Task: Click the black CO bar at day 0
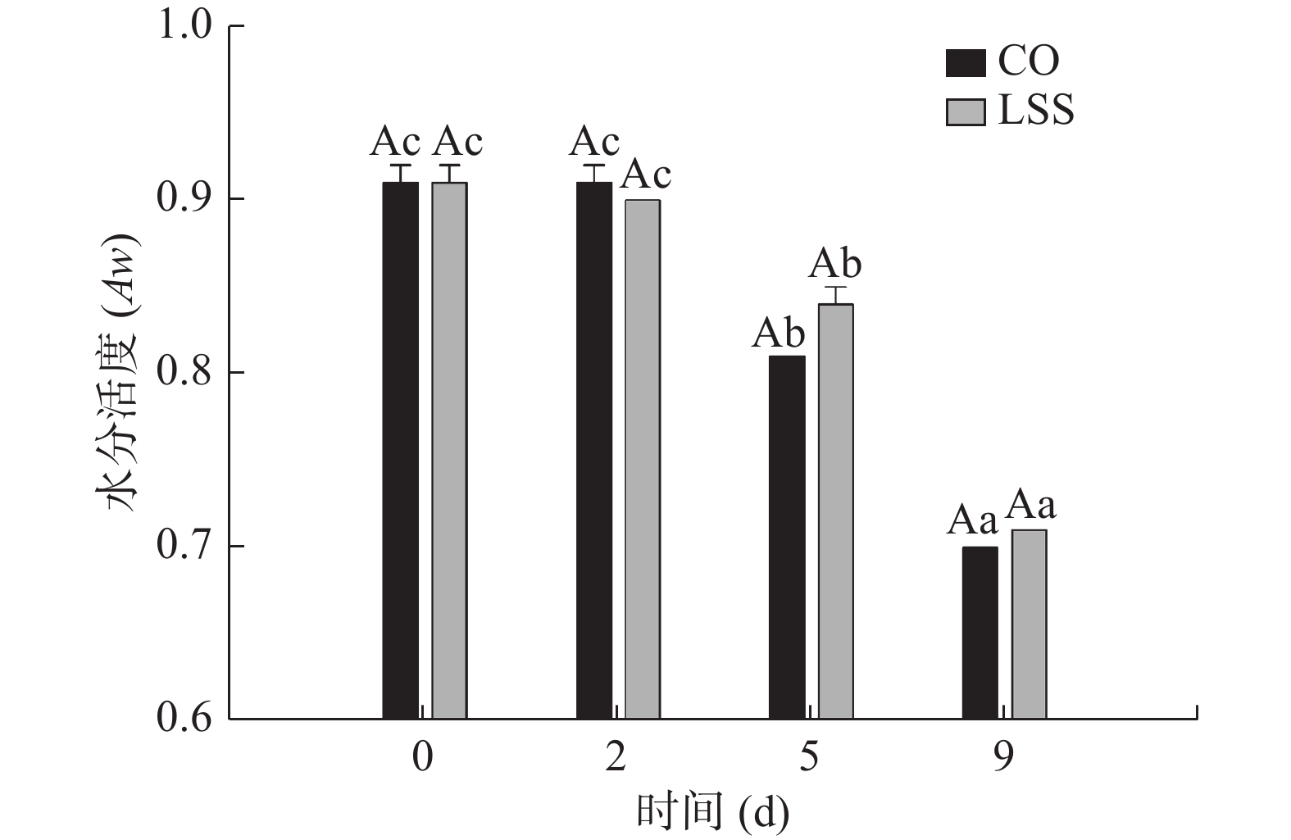pyautogui.click(x=400, y=451)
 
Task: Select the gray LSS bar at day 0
pyautogui.click(x=449, y=451)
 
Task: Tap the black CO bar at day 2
pyautogui.click(x=593, y=451)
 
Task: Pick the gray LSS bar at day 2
pyautogui.click(x=643, y=459)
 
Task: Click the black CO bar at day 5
pyautogui.click(x=787, y=538)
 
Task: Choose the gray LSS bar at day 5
pyautogui.click(x=836, y=511)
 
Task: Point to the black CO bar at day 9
pyautogui.click(x=980, y=633)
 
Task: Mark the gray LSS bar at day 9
pyautogui.click(x=1029, y=624)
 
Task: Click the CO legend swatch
pyautogui.click(x=966, y=62)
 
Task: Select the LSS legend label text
pyautogui.click(x=1035, y=110)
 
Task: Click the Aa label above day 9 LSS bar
pyautogui.click(x=1030, y=506)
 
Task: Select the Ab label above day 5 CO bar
pyautogui.click(x=779, y=333)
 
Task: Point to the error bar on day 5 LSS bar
pyautogui.click(x=836, y=294)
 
